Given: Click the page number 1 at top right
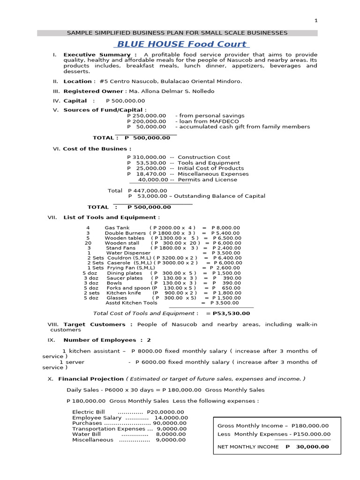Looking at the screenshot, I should point(316,21).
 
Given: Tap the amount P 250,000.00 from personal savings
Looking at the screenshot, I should point(146,115).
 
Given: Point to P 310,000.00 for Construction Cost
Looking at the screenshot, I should point(146,157).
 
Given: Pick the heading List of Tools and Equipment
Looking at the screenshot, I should point(109,217).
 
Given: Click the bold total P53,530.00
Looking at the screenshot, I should point(231,313).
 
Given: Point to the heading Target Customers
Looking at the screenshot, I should point(94,324).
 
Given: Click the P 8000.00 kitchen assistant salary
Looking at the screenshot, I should point(147,351).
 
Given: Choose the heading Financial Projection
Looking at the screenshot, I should point(91,379).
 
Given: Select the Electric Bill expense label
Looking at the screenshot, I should point(89,412).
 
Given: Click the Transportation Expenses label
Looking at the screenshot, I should point(109,428).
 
